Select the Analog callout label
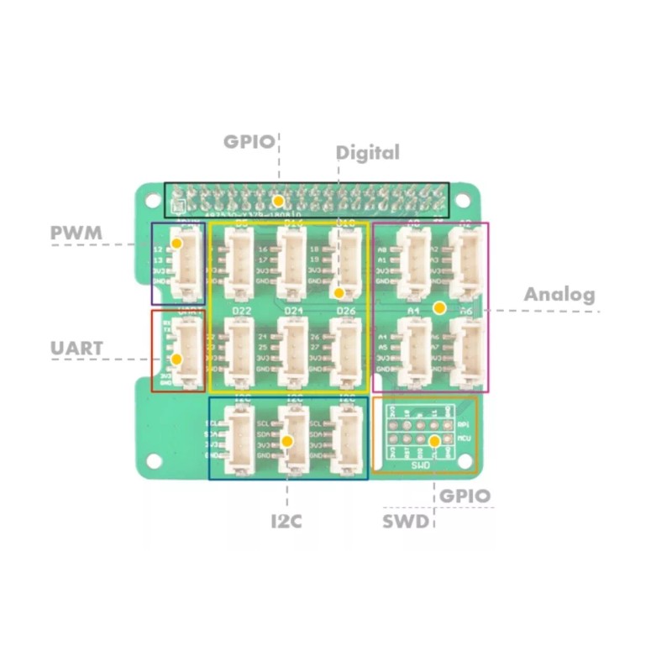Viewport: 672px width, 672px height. tap(559, 295)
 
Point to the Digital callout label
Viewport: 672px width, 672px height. tap(368, 153)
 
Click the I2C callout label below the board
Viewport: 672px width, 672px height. tap(286, 521)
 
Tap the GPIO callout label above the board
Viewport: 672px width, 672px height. tap(249, 141)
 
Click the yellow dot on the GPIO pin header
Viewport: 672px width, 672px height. tap(277, 202)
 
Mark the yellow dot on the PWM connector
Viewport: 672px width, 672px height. tap(176, 244)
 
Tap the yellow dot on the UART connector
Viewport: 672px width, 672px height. tap(176, 360)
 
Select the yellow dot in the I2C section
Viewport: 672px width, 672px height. tap(287, 441)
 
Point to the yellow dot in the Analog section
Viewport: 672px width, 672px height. tap(438, 309)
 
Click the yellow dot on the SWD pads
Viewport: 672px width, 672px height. tap(434, 441)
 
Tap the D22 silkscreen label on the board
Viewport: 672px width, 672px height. tap(242, 312)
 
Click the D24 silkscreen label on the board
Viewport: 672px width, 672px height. tap(293, 312)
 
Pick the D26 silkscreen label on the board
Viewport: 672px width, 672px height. tap(345, 312)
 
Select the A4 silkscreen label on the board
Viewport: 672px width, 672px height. tap(413, 311)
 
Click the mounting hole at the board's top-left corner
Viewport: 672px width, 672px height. tap(152, 201)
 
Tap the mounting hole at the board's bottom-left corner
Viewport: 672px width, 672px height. tap(153, 458)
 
